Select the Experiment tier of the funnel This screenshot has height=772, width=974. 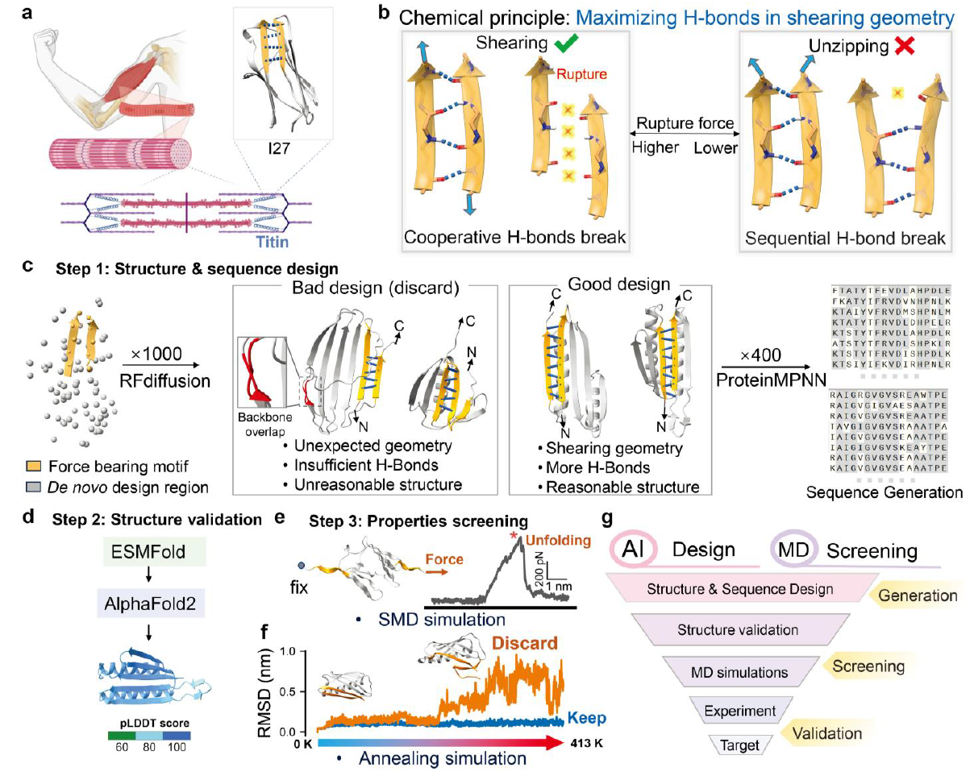tap(740, 711)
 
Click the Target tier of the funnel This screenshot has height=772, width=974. tap(741, 745)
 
